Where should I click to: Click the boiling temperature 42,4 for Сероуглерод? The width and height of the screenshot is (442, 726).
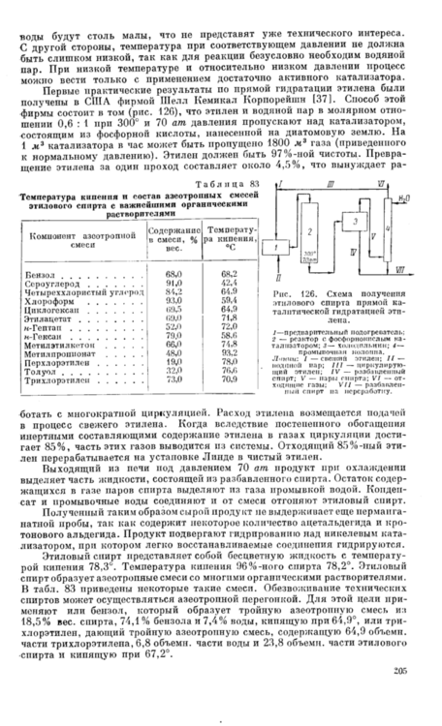230,284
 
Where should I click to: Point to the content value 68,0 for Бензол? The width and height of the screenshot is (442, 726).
175,276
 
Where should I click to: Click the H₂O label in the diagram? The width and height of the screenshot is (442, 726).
400,195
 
